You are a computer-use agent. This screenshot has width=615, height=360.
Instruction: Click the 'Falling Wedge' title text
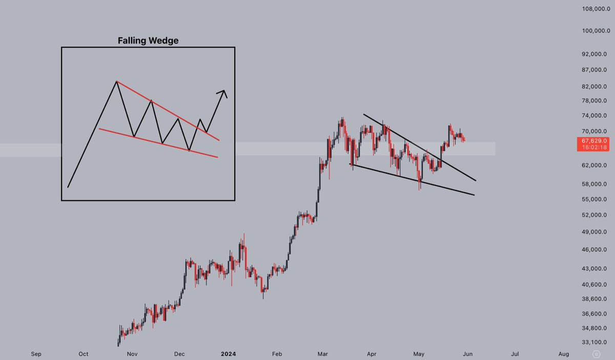[x=148, y=40]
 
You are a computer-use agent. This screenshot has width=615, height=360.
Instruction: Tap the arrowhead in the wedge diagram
[x=224, y=93]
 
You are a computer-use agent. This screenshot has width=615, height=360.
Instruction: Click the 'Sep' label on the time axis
[x=36, y=353]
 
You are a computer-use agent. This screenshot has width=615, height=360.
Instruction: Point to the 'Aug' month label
[x=563, y=353]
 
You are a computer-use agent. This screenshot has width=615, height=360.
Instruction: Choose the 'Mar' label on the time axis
[x=323, y=353]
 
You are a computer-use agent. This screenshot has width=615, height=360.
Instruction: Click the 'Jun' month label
[x=467, y=353]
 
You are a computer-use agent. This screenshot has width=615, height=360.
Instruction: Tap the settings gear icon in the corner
[x=596, y=353]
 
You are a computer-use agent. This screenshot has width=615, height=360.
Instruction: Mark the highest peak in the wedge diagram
[x=117, y=81]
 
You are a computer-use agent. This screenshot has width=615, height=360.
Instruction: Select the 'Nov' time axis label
[x=132, y=353]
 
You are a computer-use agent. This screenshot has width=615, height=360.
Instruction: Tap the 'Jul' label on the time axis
[x=515, y=353]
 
